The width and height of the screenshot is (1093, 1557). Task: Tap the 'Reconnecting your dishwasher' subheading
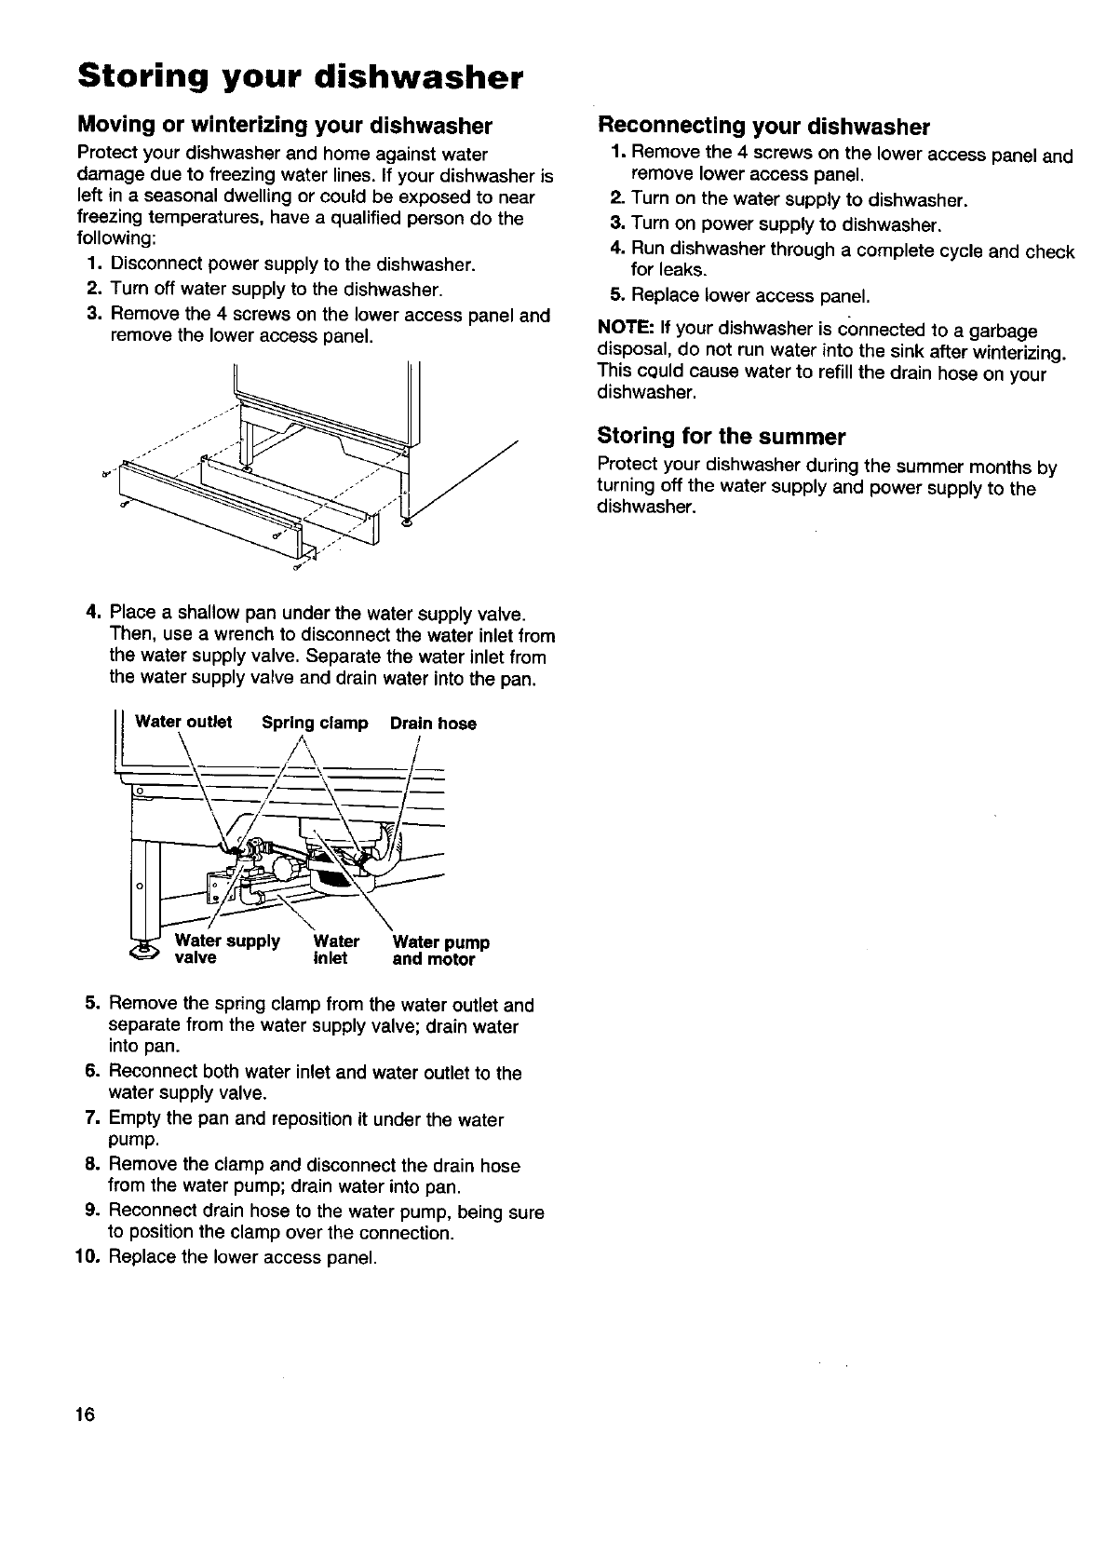coord(763,126)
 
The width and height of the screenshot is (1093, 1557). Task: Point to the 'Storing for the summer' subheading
coord(721,436)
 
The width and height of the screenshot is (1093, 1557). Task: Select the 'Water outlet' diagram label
coord(183,723)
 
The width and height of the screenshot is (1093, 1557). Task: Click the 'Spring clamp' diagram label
coord(315,723)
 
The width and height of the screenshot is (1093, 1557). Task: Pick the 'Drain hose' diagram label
coord(433,724)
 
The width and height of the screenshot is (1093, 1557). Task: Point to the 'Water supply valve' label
coord(227,950)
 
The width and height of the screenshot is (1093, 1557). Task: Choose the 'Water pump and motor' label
coord(440,951)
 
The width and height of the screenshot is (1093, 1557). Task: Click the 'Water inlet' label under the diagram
coord(334,950)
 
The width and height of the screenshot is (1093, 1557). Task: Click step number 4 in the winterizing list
coord(93,612)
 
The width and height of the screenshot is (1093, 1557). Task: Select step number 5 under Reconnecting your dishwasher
coord(615,296)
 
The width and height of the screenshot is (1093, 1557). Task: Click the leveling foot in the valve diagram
coord(144,950)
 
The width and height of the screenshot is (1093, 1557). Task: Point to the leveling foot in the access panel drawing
coord(404,523)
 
